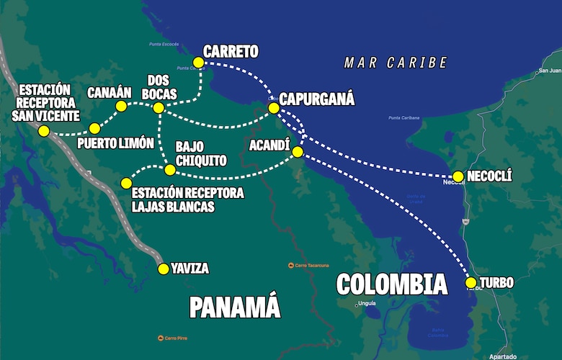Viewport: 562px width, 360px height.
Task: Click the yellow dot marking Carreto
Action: (x=198, y=63)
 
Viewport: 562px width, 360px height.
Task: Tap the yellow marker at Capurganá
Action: (x=274, y=108)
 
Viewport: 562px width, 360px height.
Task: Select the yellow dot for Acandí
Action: (x=297, y=152)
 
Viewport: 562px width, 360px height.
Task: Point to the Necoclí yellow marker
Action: (x=458, y=176)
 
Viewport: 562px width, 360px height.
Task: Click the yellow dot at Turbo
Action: (x=470, y=283)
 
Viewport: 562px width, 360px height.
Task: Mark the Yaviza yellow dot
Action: (x=164, y=269)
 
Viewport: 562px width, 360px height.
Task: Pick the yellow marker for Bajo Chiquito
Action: (x=169, y=170)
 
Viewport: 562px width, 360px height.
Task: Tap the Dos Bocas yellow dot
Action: (x=159, y=108)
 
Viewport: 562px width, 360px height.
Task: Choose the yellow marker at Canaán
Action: (x=121, y=107)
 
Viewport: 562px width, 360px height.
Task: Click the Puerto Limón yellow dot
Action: (x=94, y=128)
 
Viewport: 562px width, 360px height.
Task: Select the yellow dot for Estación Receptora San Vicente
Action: (x=44, y=131)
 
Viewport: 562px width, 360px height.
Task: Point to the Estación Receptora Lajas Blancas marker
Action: (x=127, y=183)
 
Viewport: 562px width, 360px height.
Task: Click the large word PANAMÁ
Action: (x=234, y=307)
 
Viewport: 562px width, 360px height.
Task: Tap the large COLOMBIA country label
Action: (x=392, y=284)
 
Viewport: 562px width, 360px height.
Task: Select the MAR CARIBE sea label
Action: (x=396, y=63)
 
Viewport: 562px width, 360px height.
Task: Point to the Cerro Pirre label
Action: (x=176, y=338)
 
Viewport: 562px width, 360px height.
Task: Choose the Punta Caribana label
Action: (x=404, y=118)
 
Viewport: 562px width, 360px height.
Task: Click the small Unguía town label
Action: (x=366, y=305)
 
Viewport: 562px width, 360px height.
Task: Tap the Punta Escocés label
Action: (x=164, y=44)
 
